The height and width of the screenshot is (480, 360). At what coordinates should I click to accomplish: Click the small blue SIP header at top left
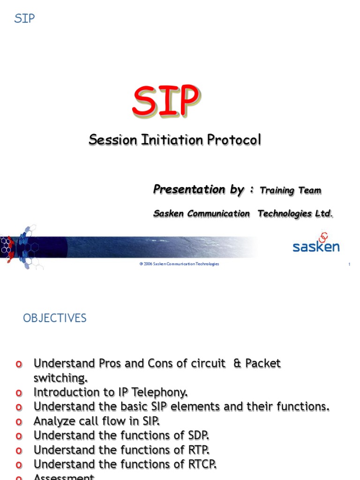point(24,19)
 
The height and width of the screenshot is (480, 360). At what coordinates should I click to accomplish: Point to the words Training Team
point(290,190)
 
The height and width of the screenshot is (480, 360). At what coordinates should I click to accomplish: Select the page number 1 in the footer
point(349,265)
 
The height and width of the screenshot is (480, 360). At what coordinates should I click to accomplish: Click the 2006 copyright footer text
point(179,264)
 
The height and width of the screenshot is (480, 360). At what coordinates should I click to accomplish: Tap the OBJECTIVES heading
point(55,318)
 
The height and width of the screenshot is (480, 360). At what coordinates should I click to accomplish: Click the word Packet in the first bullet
point(263,363)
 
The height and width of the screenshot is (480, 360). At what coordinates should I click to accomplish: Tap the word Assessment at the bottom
point(64,477)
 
